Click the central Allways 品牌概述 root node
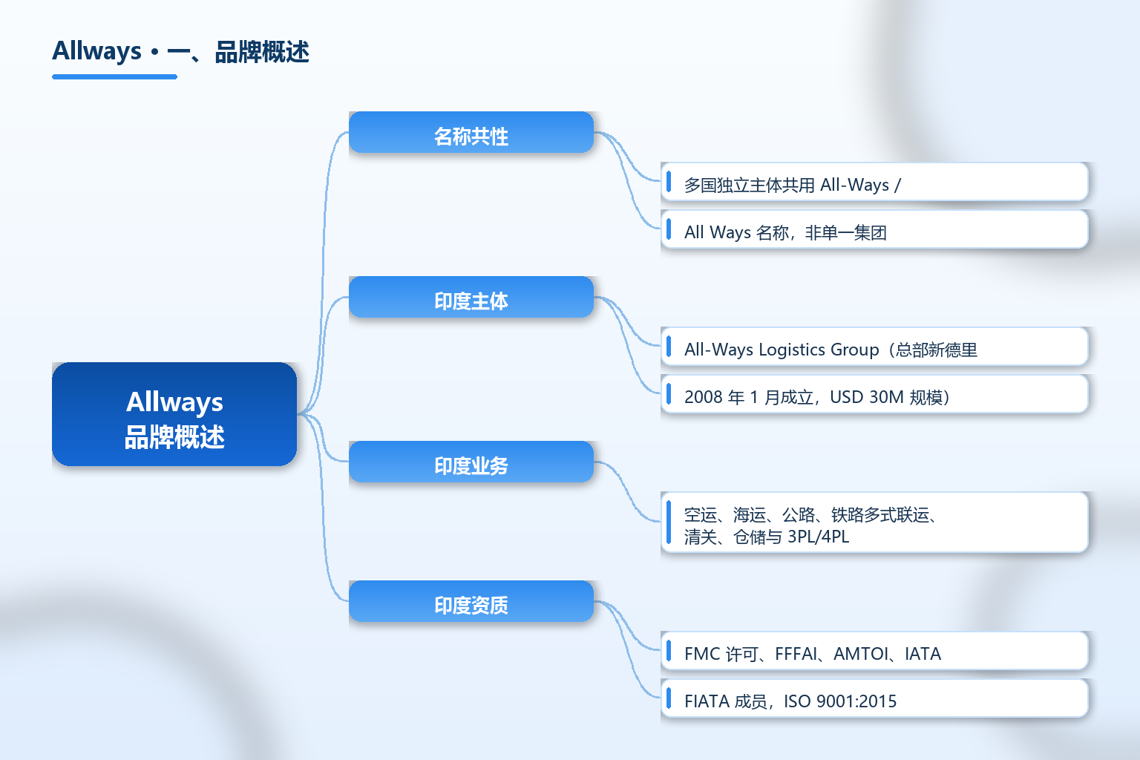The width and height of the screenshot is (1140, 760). [174, 414]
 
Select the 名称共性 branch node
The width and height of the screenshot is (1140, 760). [471, 132]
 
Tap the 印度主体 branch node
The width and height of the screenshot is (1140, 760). [471, 297]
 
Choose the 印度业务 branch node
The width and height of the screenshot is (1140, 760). [471, 462]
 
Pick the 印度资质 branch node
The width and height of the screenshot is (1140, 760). [471, 601]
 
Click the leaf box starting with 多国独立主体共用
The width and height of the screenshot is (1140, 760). [874, 183]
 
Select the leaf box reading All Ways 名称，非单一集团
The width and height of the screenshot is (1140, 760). [874, 229]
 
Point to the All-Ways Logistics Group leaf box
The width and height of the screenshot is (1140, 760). [874, 347]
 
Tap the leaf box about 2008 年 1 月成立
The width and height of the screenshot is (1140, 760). [874, 394]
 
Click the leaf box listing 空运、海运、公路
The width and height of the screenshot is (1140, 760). [874, 522]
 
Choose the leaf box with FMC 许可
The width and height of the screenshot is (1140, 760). [874, 651]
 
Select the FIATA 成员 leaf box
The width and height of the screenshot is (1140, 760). [874, 698]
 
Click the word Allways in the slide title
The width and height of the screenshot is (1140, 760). [96, 51]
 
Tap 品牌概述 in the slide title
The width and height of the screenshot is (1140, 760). [262, 52]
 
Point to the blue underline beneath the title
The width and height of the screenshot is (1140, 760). [114, 77]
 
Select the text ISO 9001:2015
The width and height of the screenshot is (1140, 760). [840, 701]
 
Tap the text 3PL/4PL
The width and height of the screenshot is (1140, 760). [819, 537]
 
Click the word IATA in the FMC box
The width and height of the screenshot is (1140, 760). [923, 654]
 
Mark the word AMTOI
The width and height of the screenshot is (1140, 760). [861, 654]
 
